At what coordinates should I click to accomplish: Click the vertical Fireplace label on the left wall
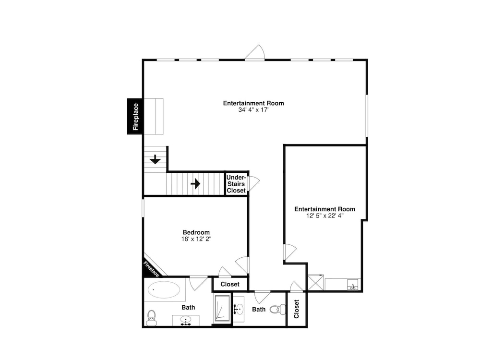[x=136, y=117]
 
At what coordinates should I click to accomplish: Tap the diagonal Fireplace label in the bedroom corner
[x=151, y=269]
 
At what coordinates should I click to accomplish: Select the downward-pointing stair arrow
[x=155, y=159]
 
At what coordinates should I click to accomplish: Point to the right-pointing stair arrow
[x=195, y=184]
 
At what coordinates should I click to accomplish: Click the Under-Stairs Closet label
[x=236, y=184]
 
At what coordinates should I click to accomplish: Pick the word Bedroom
[x=196, y=232]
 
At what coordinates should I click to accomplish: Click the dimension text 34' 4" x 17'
[x=253, y=110]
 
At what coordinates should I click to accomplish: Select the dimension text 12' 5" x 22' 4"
[x=325, y=216]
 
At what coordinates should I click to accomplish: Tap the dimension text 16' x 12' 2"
[x=196, y=239]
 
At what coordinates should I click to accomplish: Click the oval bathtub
[x=164, y=289]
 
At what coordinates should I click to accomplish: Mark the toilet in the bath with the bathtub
[x=152, y=318]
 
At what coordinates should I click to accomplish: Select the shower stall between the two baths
[x=222, y=308]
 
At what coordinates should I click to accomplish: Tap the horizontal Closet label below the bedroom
[x=230, y=284]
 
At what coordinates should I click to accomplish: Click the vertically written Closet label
[x=296, y=309]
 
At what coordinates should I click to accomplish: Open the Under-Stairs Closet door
[x=254, y=183]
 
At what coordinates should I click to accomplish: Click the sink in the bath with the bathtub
[x=185, y=321]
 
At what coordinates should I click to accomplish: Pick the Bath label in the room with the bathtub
[x=188, y=307]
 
